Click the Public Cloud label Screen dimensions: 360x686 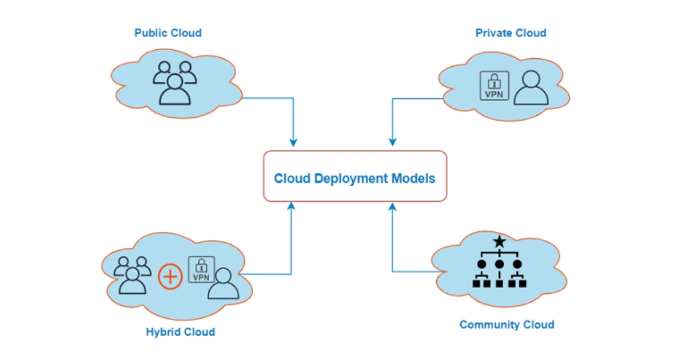168,33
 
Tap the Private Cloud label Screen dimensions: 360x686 510,33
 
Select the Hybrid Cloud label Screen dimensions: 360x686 180,332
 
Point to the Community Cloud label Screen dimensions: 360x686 506,325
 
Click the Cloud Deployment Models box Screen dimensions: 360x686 354,176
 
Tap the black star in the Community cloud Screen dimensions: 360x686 500,242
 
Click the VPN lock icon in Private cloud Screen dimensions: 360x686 494,86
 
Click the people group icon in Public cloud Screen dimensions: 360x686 174,83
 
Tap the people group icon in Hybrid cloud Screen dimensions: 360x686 132,274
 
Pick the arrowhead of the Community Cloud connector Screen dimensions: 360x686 393,205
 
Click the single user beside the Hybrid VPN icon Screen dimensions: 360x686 223,283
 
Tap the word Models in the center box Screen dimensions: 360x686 413,179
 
